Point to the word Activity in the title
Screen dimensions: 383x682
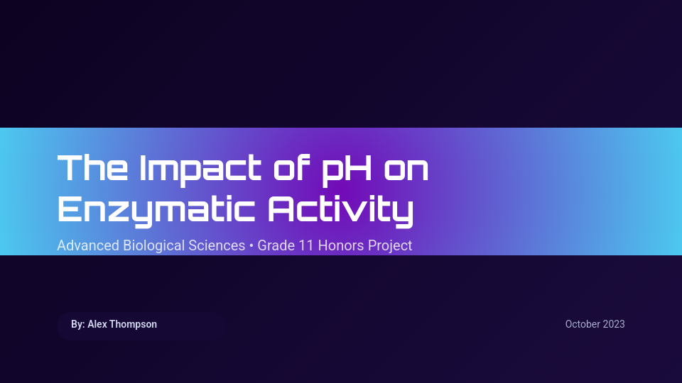pyautogui.click(x=340, y=209)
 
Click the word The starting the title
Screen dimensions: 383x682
pyautogui.click(x=92, y=168)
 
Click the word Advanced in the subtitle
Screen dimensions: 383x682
pyautogui.click(x=88, y=246)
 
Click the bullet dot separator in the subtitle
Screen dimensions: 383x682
pyautogui.click(x=251, y=246)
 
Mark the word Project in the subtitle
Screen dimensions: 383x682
pyautogui.click(x=390, y=246)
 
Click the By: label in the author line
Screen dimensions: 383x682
pyautogui.click(x=78, y=324)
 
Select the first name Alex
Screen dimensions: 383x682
pyautogui.click(x=98, y=324)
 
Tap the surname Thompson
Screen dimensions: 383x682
pyautogui.click(x=134, y=324)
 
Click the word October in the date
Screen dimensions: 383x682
pyautogui.click(x=583, y=324)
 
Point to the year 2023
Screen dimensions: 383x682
pyautogui.click(x=614, y=324)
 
